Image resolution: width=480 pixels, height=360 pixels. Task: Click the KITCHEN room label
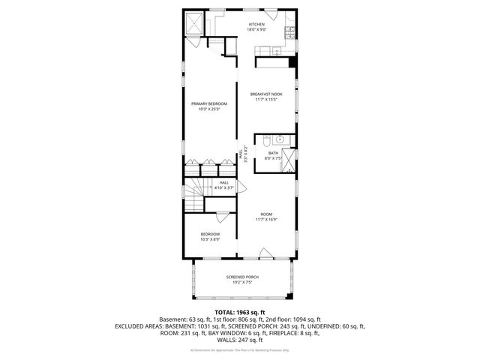[257, 24]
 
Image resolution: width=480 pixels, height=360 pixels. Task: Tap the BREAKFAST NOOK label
[266, 94]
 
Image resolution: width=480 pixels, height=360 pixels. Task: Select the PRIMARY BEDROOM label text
[208, 103]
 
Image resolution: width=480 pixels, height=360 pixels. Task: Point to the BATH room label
[272, 153]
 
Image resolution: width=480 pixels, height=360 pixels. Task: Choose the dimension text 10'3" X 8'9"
[210, 240]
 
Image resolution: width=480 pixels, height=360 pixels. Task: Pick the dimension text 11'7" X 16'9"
[266, 219]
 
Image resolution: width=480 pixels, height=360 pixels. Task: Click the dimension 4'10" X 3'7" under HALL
[224, 187]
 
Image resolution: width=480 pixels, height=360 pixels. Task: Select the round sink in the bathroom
[279, 139]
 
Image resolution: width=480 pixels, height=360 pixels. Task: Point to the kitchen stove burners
[290, 30]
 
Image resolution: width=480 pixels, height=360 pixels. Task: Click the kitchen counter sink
[275, 51]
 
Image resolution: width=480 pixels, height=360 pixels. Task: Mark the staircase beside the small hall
[194, 196]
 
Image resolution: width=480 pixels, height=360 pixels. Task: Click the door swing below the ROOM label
[262, 253]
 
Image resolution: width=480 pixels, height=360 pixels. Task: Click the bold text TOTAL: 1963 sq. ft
[240, 311]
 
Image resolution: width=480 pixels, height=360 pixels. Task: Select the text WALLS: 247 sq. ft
[240, 340]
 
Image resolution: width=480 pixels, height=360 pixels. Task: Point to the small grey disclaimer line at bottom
[240, 350]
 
